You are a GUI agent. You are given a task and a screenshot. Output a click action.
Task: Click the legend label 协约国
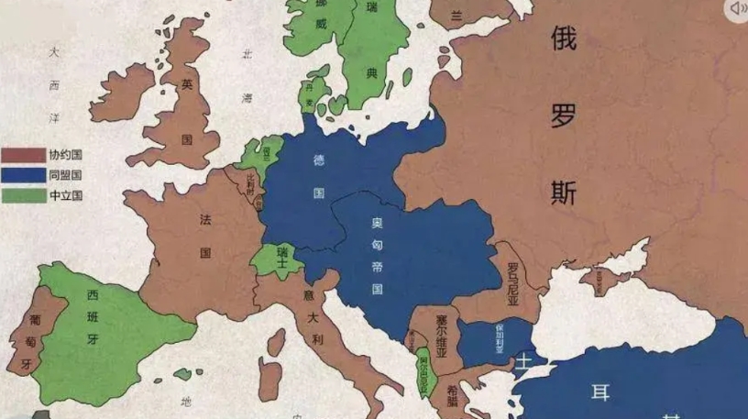66,155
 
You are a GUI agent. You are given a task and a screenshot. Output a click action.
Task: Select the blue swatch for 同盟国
24,175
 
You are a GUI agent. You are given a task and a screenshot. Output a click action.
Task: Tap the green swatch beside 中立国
24,195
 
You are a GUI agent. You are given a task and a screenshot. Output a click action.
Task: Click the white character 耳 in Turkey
600,393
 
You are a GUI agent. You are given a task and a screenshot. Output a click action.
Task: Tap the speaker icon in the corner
736,10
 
